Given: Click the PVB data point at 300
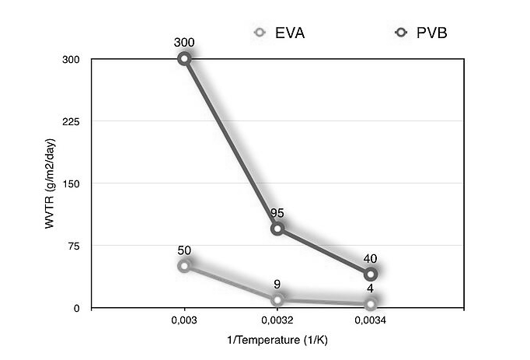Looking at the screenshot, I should [184, 59].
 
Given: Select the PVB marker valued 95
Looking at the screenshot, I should [277, 229].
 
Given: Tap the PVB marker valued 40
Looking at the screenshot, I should [371, 274].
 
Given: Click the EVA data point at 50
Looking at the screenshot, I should [184, 266].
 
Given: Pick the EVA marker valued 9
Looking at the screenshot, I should [277, 299].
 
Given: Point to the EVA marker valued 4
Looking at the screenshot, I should [371, 303].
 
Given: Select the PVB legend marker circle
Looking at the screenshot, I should [402, 33].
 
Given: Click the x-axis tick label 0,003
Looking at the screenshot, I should [184, 320].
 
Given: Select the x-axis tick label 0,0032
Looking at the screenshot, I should [277, 320].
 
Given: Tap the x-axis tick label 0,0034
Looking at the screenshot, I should [371, 320].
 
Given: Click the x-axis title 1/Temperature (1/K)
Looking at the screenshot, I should [277, 340].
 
